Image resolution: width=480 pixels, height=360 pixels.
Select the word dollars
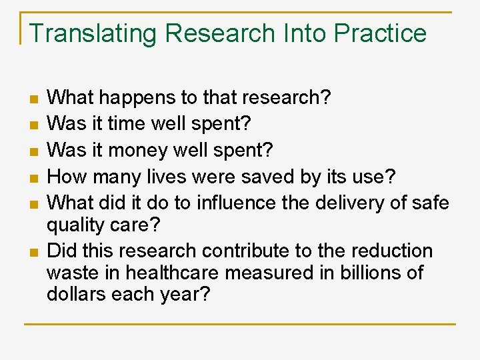tap(73, 294)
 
